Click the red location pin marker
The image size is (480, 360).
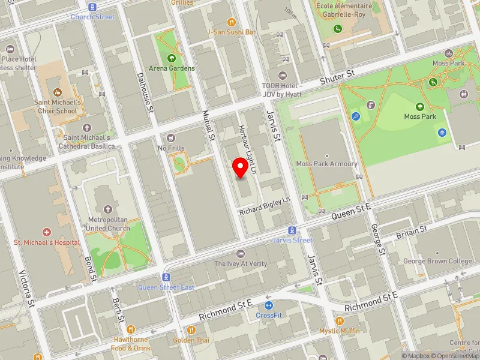click(241, 168)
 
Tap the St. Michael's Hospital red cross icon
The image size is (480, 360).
click(46, 232)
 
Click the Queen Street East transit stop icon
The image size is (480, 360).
click(166, 277)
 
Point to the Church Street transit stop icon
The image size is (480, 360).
click(92, 7)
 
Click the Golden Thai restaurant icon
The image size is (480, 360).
click(191, 329)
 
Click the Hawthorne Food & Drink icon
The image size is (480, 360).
click(130, 329)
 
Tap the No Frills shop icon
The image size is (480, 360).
click(171, 138)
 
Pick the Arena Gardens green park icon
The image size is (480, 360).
click(172, 58)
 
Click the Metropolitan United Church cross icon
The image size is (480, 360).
click(108, 209)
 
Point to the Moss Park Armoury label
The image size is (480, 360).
click(327, 164)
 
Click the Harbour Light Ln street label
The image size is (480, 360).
click(247, 142)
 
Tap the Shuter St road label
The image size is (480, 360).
click(338, 76)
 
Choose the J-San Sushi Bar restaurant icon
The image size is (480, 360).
click(232, 21)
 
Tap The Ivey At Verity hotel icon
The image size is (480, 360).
click(241, 254)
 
